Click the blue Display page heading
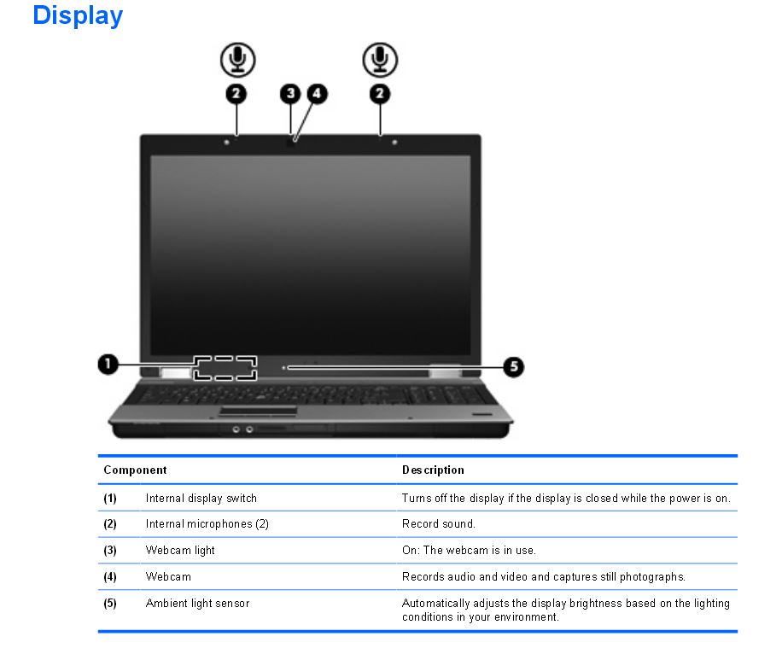[x=78, y=15]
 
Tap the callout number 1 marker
[x=107, y=365]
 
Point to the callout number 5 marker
[x=512, y=367]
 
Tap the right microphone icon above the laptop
[x=379, y=58]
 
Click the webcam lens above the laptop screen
[x=293, y=142]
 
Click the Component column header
[x=135, y=470]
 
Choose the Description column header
[x=433, y=470]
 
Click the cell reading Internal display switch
[x=201, y=498]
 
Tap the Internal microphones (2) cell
[x=207, y=524]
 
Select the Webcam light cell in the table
[x=180, y=551]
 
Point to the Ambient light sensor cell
[x=197, y=603]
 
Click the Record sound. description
[x=438, y=524]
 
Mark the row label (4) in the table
[x=110, y=577]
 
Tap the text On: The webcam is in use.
[x=469, y=551]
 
